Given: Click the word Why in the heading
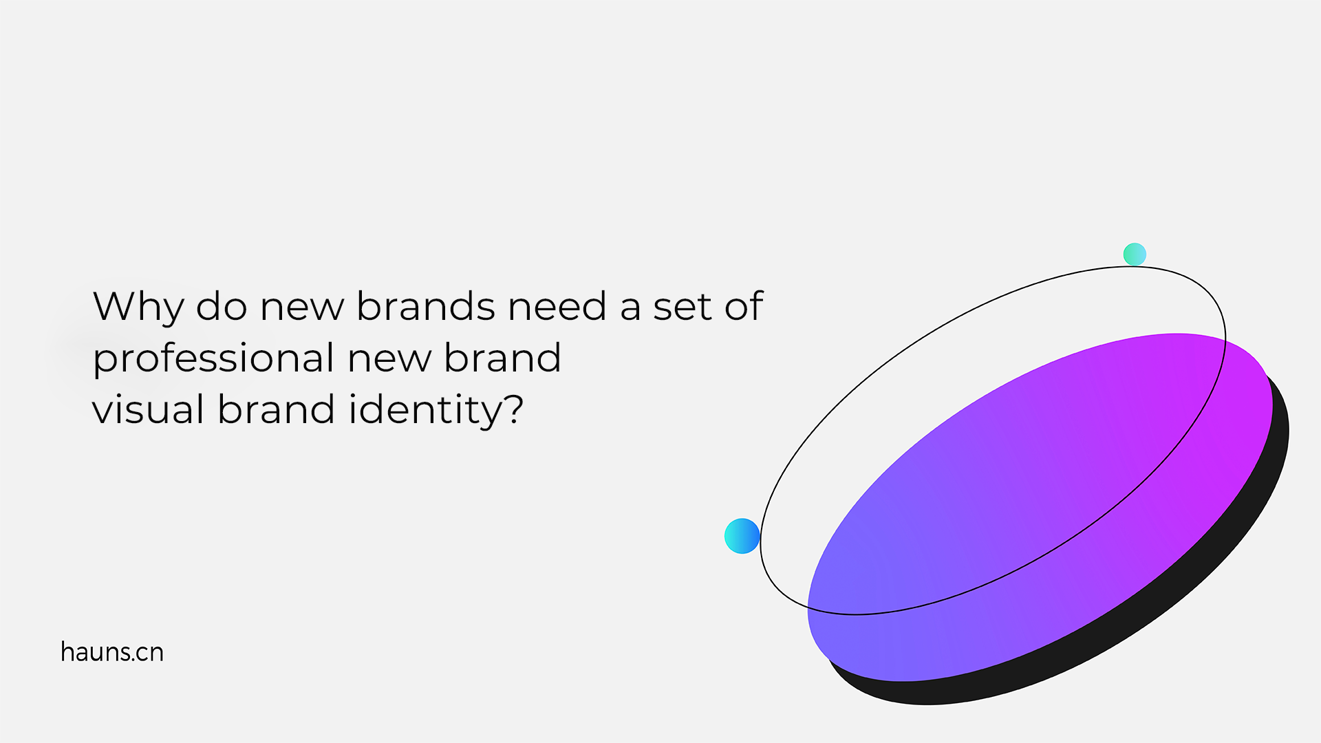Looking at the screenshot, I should (x=138, y=308).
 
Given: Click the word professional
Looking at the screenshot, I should (x=213, y=360).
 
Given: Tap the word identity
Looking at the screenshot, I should (x=427, y=411).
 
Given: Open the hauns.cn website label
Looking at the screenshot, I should (x=112, y=652).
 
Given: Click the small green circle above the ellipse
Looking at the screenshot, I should (x=1135, y=255).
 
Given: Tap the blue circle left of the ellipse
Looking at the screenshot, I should (x=742, y=536).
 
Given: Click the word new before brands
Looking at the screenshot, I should (x=301, y=308).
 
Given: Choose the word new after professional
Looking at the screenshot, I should (x=389, y=360).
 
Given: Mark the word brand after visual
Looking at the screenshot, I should (x=277, y=409).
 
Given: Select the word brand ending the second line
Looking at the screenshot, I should (x=502, y=358).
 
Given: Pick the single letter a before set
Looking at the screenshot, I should (x=630, y=308).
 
